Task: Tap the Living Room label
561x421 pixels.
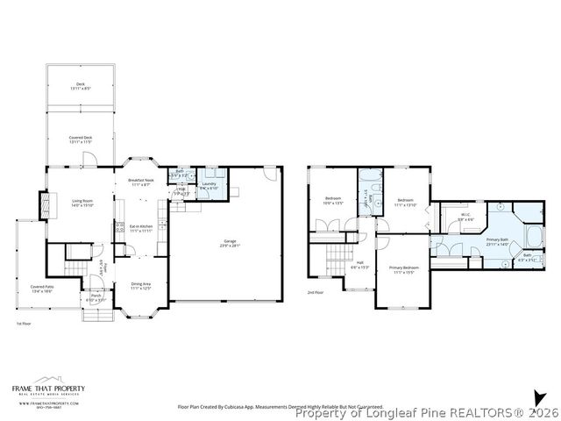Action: pyautogui.click(x=82, y=203)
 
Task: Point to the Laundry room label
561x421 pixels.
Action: pyautogui.click(x=208, y=185)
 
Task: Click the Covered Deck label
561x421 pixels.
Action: pyautogui.click(x=82, y=139)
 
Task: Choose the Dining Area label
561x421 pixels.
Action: pyautogui.click(x=141, y=285)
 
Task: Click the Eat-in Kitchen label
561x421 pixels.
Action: pyautogui.click(x=141, y=229)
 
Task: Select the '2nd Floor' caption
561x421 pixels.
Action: pyautogui.click(x=316, y=291)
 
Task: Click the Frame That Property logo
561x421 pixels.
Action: pyautogui.click(x=48, y=391)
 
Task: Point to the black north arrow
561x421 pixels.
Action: pyautogui.click(x=537, y=398)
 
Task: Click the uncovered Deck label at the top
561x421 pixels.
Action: pyautogui.click(x=80, y=86)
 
